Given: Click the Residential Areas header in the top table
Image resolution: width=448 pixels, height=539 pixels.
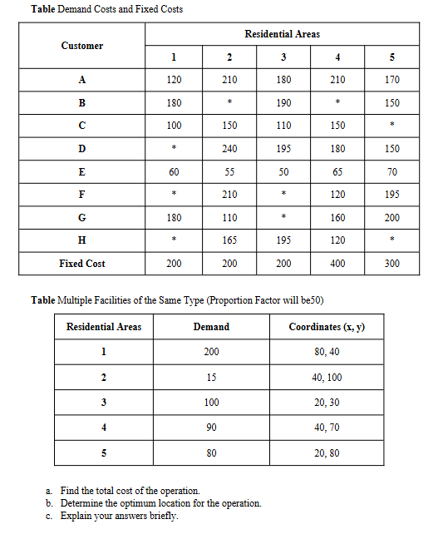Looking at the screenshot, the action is point(282,34).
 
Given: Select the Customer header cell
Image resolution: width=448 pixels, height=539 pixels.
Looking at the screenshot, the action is point(82,46).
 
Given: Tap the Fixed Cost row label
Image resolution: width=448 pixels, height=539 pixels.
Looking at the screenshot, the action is point(82,264).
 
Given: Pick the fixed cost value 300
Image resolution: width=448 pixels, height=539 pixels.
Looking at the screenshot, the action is point(392,264).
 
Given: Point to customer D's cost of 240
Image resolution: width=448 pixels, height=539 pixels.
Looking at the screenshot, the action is point(229,149).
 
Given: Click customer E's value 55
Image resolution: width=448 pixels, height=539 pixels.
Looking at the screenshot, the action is point(229,172).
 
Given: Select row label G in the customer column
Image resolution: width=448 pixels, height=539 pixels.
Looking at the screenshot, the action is point(82,218).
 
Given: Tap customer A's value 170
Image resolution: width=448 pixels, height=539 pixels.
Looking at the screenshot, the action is point(392,80).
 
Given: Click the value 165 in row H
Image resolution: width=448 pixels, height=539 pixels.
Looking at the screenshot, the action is point(229,241).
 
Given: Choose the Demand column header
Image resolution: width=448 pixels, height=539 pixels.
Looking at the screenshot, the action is point(211,327).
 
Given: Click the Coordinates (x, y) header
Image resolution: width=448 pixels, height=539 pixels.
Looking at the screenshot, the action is point(327,327).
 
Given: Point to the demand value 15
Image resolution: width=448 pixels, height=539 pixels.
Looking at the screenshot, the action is point(211,377).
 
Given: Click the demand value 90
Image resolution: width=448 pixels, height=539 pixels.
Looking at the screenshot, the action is point(211,428).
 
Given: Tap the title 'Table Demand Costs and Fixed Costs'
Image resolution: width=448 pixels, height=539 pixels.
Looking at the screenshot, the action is point(106,9).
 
